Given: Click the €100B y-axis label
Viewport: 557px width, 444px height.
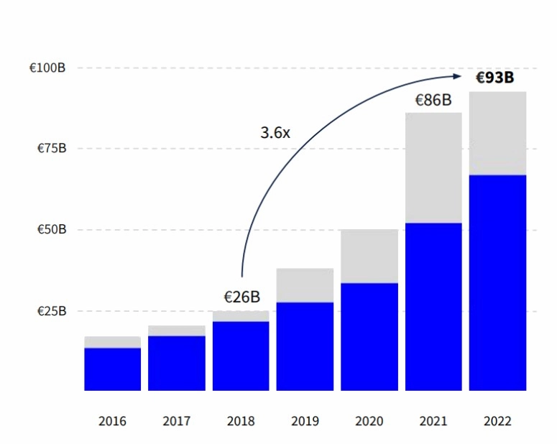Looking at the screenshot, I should (47, 68).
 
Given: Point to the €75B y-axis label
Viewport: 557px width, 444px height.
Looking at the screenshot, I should (50, 149).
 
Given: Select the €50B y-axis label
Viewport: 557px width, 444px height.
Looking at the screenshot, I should (50, 230).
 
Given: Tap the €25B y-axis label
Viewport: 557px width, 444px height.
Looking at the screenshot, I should (50, 311).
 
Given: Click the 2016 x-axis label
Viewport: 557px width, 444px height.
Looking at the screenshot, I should (112, 421).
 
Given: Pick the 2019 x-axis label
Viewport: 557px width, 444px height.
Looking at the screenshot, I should (305, 421).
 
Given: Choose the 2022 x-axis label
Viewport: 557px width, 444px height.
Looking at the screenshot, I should (497, 421).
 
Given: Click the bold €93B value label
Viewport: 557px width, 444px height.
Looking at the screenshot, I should (496, 78).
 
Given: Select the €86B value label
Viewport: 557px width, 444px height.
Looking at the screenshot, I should (433, 100).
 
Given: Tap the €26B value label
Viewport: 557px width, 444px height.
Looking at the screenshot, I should (241, 297).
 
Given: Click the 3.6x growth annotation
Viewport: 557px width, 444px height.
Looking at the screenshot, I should (275, 133).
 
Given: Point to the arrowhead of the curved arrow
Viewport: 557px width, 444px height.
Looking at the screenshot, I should (458, 75).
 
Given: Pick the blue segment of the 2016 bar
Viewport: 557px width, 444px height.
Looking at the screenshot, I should (112, 369).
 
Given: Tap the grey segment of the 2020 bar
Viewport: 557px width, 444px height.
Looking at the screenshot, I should (369, 256).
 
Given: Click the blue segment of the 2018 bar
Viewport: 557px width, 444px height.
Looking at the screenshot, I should (241, 356).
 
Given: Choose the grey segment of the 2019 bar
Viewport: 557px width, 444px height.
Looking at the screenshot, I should (305, 285).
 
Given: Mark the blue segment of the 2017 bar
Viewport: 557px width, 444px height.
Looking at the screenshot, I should (177, 363).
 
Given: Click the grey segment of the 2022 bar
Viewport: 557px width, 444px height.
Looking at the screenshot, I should (497, 133).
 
